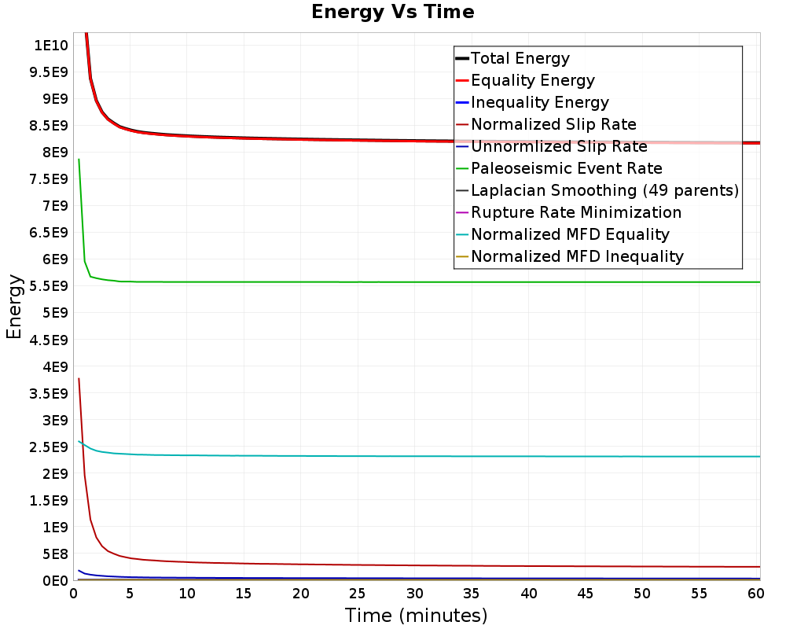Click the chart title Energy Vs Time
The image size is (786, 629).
click(393, 12)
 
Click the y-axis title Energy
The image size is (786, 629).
click(13, 307)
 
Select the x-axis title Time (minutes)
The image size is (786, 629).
click(416, 615)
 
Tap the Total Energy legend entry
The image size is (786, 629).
click(520, 58)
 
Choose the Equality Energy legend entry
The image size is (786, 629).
click(532, 80)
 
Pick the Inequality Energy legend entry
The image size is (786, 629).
click(539, 102)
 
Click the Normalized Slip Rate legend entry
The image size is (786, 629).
click(553, 124)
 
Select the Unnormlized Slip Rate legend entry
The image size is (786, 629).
click(559, 146)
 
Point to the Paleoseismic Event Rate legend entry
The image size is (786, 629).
click(566, 168)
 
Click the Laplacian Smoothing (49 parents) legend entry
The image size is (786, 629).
click(604, 190)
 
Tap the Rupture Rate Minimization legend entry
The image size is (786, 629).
click(576, 212)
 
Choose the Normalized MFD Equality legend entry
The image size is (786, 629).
click(570, 234)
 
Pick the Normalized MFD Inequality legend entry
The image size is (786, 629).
click(577, 256)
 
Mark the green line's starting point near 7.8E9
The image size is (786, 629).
click(79, 160)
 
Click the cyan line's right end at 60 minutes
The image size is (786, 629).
click(759, 456)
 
